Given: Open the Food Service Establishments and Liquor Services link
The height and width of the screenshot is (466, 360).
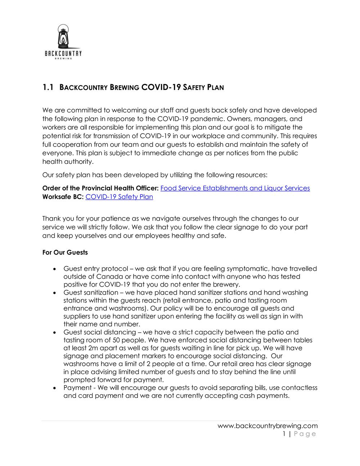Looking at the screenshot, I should tap(235, 188).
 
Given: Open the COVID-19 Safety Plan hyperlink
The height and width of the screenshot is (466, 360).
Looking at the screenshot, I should tap(119, 197).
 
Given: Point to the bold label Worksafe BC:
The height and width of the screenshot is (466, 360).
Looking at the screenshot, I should tap(63, 197).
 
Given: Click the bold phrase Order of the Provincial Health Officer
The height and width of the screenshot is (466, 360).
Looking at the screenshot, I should tap(100, 188).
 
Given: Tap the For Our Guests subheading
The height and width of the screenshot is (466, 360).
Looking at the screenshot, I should tap(65, 252).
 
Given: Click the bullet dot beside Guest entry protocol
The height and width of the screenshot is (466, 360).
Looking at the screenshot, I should tap(54, 269).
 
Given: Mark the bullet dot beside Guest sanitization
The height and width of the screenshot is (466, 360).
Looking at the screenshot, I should tap(54, 293).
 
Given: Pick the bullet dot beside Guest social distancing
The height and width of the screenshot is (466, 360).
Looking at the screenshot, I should tap(54, 332).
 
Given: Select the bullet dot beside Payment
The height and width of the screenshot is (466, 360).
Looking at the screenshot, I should tap(54, 388).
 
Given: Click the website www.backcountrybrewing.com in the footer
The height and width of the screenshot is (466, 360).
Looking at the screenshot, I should tap(267, 426).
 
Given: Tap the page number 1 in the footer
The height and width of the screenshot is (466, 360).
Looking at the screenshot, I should tap(284, 434).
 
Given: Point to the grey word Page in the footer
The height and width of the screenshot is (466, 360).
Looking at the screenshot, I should tap(305, 434).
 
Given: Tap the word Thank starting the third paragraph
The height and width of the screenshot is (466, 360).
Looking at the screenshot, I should tap(51, 219).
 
